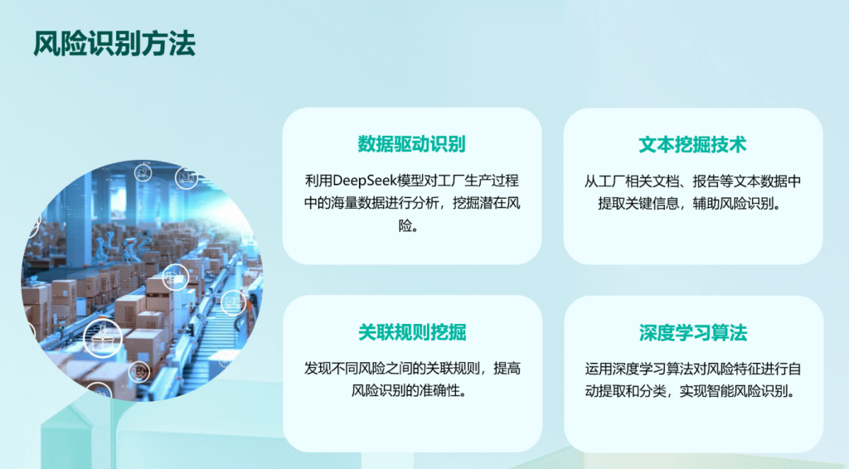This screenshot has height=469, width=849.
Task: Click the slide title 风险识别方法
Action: [114, 44]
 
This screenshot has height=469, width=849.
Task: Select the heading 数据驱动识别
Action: [411, 144]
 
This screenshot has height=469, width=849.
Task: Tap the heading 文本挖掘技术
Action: [692, 144]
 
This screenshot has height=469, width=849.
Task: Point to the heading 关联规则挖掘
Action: [412, 332]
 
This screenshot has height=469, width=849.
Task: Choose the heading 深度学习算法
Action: [693, 332]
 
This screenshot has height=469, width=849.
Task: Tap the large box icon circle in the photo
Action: [103, 338]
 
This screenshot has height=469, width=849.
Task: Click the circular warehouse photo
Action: [142, 281]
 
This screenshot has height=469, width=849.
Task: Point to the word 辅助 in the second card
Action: [706, 203]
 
